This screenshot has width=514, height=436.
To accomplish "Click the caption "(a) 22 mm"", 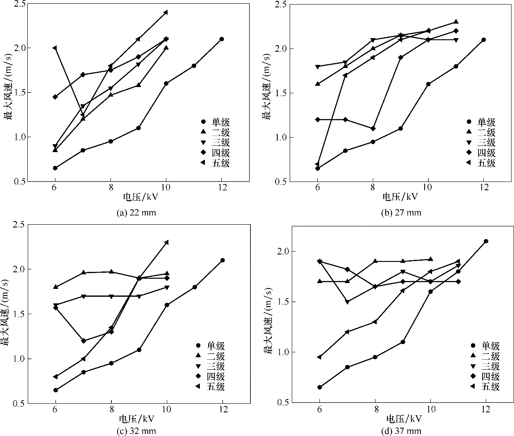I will pos(137,213).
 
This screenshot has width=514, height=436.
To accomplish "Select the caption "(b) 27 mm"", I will pos(401,213).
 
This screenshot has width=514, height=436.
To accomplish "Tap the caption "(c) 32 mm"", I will pos(137,431).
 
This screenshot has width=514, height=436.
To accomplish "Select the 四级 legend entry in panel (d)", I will pos(485,376).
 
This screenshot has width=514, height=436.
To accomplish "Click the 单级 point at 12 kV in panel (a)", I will pos(221,39).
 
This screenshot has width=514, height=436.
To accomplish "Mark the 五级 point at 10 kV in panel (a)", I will pos(166,12).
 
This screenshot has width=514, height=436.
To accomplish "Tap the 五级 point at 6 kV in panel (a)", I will pos(55,48).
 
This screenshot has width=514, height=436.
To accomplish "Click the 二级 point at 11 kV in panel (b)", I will pos(456,22).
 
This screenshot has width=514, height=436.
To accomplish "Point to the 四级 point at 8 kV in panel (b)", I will pos(373,128).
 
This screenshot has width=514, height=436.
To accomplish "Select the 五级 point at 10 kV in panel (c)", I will pos(166,242).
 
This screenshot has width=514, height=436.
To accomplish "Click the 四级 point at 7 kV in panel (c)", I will pos(83,341).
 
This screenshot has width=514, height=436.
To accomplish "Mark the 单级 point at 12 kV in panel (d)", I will pos(486,241).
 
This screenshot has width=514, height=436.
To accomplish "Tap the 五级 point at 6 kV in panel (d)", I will pos(319,357).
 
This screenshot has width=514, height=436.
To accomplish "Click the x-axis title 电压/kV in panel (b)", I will pos(400,196).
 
